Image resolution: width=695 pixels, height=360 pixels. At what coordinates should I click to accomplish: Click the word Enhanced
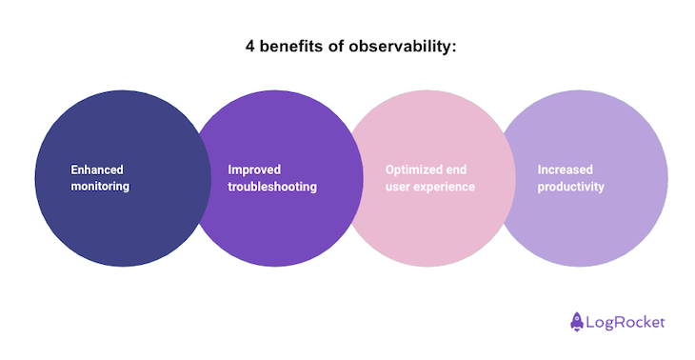tap(97, 170)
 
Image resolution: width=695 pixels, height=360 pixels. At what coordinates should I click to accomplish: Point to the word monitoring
tap(100, 187)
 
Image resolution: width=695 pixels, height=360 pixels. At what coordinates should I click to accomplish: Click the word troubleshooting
tap(272, 187)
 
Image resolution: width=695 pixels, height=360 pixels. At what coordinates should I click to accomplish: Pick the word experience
tap(444, 187)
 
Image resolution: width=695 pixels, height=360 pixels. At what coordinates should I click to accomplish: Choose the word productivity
tap(571, 187)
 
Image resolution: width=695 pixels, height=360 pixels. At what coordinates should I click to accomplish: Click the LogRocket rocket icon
tap(577, 322)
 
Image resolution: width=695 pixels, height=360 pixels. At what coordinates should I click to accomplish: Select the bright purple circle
tap(276, 229)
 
